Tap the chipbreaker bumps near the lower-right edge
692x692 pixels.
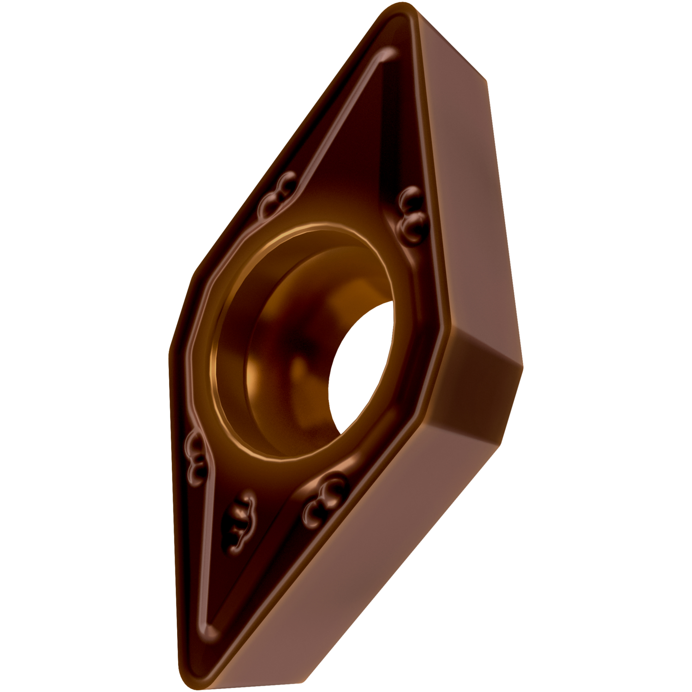pos(325,496)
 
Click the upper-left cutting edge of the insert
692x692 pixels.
pos(286,138)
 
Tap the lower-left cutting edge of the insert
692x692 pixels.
pos(173,507)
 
